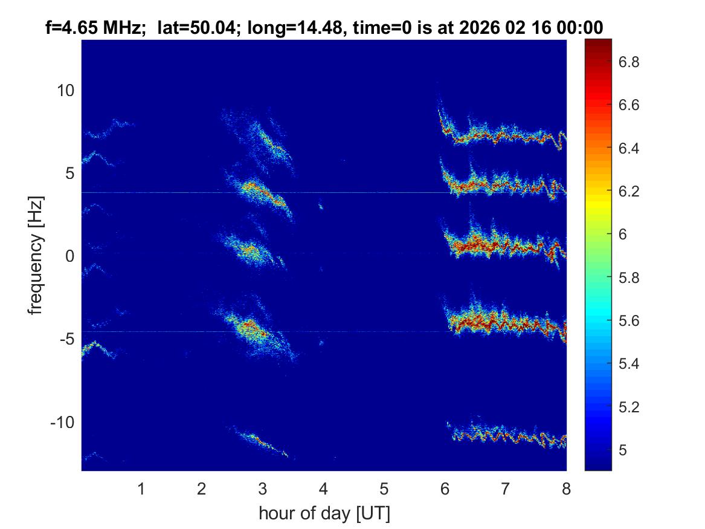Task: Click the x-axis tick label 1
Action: click(x=141, y=488)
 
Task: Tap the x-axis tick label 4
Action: click(x=323, y=488)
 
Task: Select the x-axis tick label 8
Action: click(x=566, y=488)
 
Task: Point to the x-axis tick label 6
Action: click(x=445, y=488)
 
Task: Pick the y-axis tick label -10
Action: click(x=60, y=422)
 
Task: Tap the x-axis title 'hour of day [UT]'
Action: click(x=324, y=514)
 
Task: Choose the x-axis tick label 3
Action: click(x=263, y=488)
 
